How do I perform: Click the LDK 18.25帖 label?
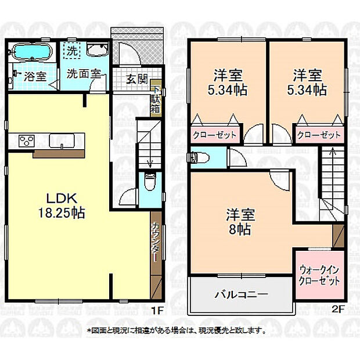point(60,205)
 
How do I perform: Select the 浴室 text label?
point(34,75)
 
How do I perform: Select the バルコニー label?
point(242,294)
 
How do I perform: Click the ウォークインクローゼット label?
point(320,275)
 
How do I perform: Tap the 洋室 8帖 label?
point(239,221)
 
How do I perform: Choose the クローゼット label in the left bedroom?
point(214,135)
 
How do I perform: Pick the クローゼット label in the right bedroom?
point(319,135)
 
